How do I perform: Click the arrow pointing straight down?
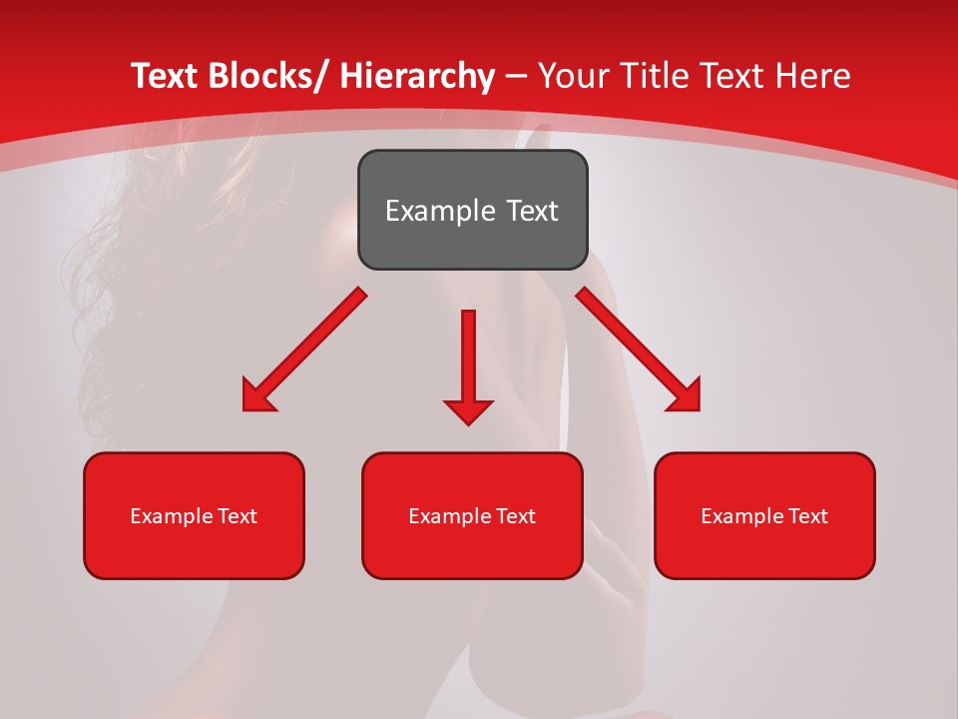coord(468,364)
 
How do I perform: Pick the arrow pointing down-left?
coord(304,350)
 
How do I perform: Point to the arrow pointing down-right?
coord(639,350)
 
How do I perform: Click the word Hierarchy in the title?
coord(417,76)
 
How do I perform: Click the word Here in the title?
coord(813,76)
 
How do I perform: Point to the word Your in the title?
coord(574,76)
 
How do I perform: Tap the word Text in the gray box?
coord(531,211)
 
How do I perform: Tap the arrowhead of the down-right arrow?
coord(685,395)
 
